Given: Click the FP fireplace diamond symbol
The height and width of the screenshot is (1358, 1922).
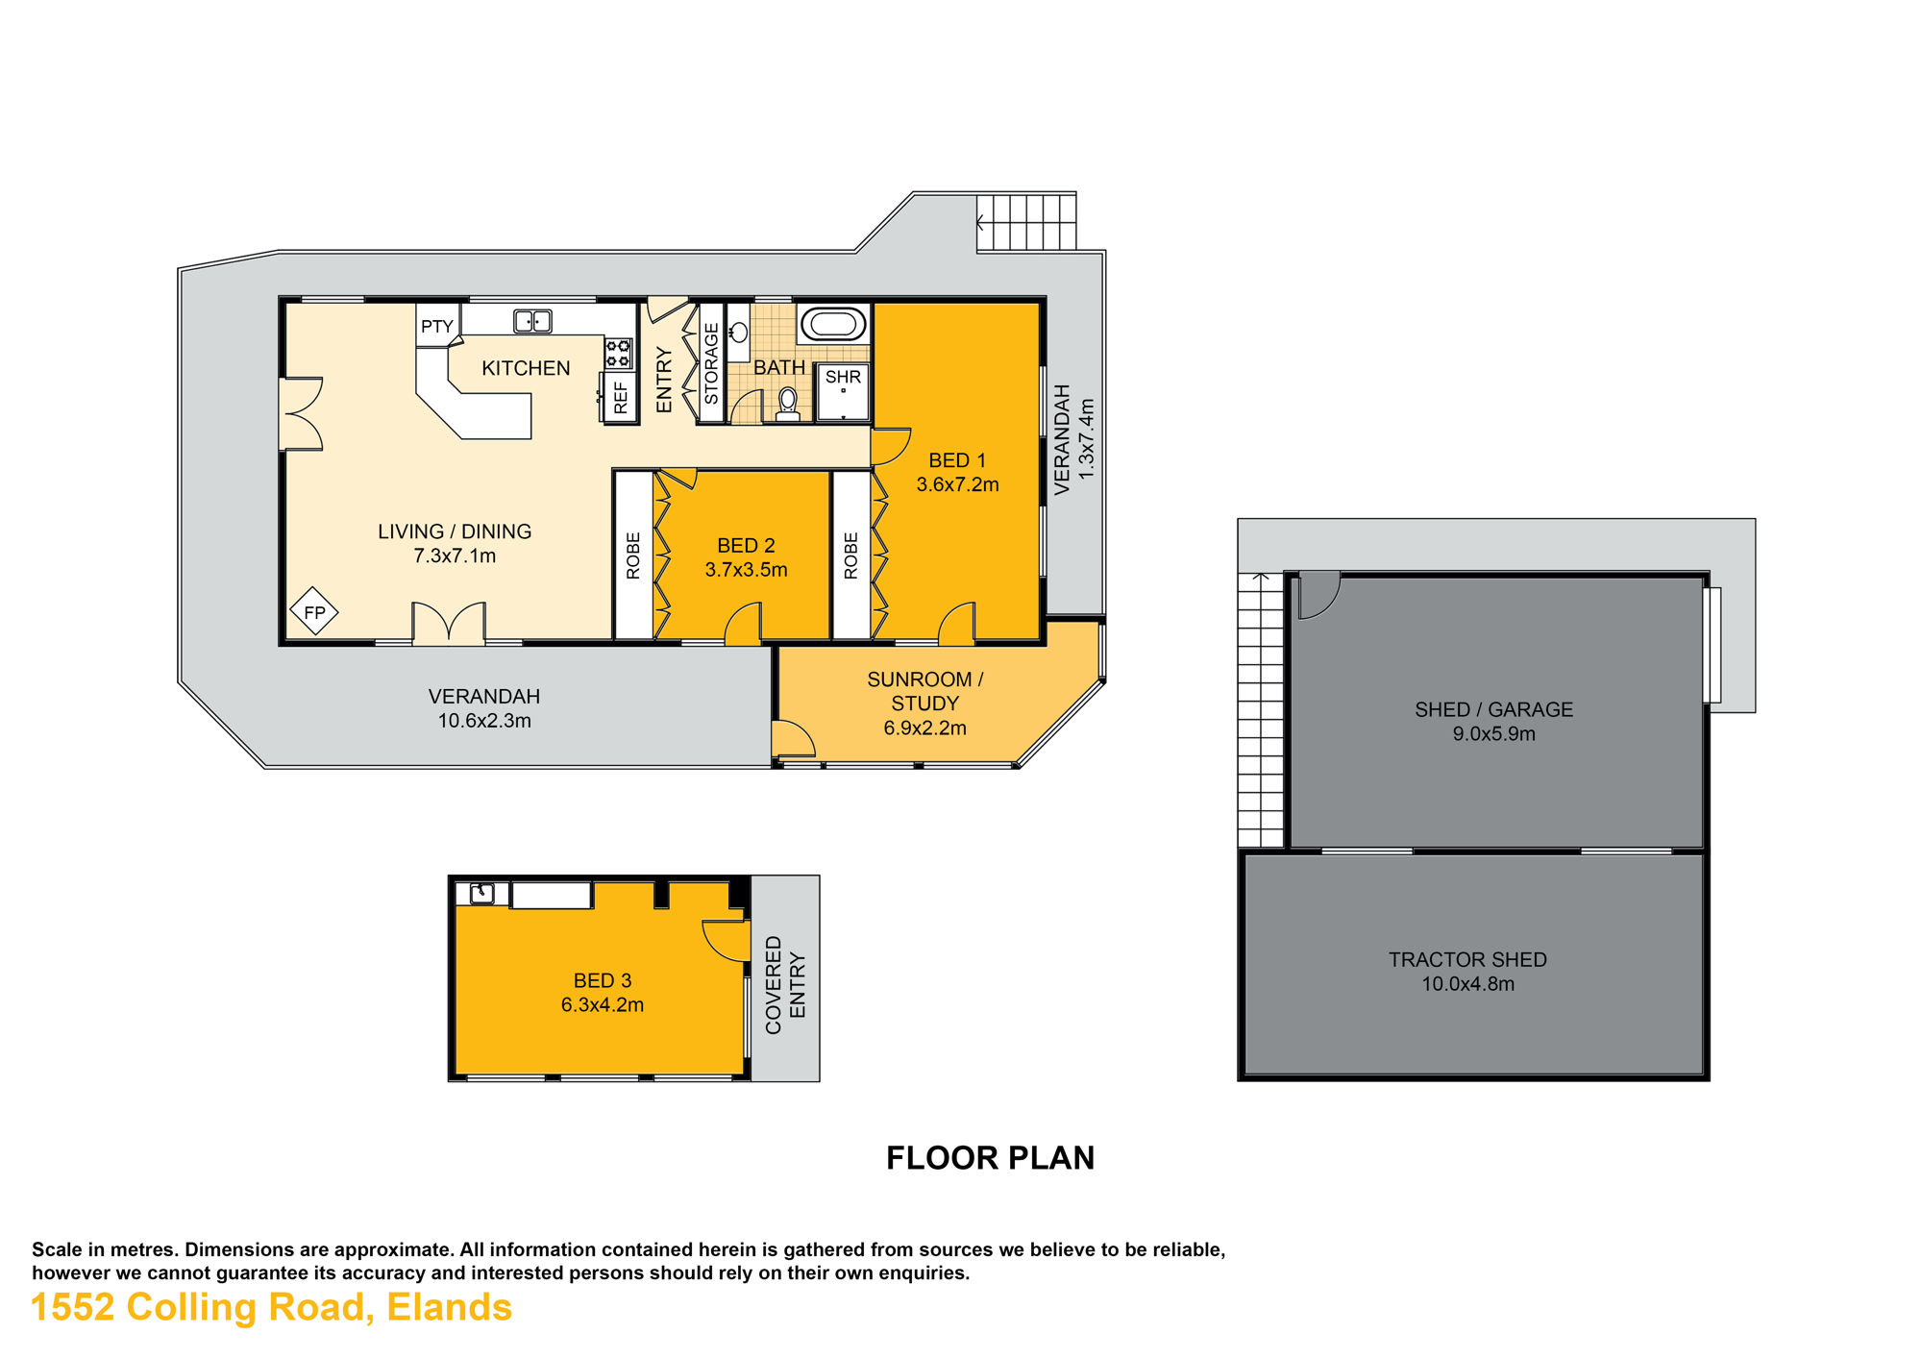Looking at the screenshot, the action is click(x=314, y=611).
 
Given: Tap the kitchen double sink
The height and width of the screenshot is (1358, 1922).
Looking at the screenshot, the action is click(x=532, y=321).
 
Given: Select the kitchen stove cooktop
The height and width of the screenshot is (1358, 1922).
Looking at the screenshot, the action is click(x=618, y=353).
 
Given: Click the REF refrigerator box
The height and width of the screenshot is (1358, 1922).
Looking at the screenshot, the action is click(x=620, y=397).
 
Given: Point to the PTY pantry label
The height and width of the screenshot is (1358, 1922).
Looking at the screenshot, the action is click(x=437, y=327).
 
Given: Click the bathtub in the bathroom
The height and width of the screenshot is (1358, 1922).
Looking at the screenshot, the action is click(x=833, y=324).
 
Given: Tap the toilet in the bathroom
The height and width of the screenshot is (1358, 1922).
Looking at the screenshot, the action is click(x=788, y=405).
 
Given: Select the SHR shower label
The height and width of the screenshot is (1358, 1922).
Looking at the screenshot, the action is click(x=843, y=377).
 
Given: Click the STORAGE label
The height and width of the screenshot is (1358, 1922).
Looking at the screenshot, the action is click(x=711, y=363).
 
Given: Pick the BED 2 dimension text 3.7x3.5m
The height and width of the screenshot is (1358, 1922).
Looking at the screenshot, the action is click(x=746, y=570).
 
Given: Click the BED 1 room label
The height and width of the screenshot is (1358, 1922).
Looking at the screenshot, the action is click(x=957, y=460).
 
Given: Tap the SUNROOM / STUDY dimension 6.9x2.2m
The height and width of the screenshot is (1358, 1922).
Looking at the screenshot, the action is click(x=924, y=728).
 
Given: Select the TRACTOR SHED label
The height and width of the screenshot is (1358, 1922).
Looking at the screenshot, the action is click(x=1467, y=959).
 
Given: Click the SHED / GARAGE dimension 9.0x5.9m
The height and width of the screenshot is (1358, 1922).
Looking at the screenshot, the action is click(x=1493, y=734).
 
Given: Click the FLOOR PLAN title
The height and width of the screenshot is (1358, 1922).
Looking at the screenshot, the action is click(x=990, y=1158).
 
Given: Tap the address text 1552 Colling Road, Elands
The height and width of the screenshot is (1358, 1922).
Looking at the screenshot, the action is click(x=272, y=1308).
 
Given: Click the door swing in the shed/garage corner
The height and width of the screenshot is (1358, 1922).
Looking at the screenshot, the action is click(x=1318, y=595).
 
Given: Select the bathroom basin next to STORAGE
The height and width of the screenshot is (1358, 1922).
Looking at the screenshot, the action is click(x=738, y=333).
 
